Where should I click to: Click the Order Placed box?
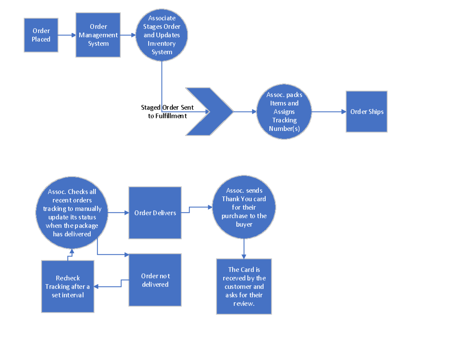[41, 35]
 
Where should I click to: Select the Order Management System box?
[98, 35]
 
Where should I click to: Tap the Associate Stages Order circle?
[162, 35]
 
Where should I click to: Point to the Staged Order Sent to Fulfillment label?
[167, 111]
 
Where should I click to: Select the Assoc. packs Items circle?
[284, 111]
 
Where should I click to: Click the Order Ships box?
[367, 111]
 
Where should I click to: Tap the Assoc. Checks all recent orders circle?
[72, 213]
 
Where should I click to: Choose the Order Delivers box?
[155, 213]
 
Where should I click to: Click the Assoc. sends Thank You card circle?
[244, 207]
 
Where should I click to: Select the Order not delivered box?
[155, 280]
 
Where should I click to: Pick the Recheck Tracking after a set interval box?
[68, 286]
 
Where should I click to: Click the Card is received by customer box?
[244, 286]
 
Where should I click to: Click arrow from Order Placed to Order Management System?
[67, 35]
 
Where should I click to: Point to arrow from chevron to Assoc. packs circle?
[245, 111]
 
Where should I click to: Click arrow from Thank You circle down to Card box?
[244, 249]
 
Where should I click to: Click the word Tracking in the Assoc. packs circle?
[284, 120]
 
